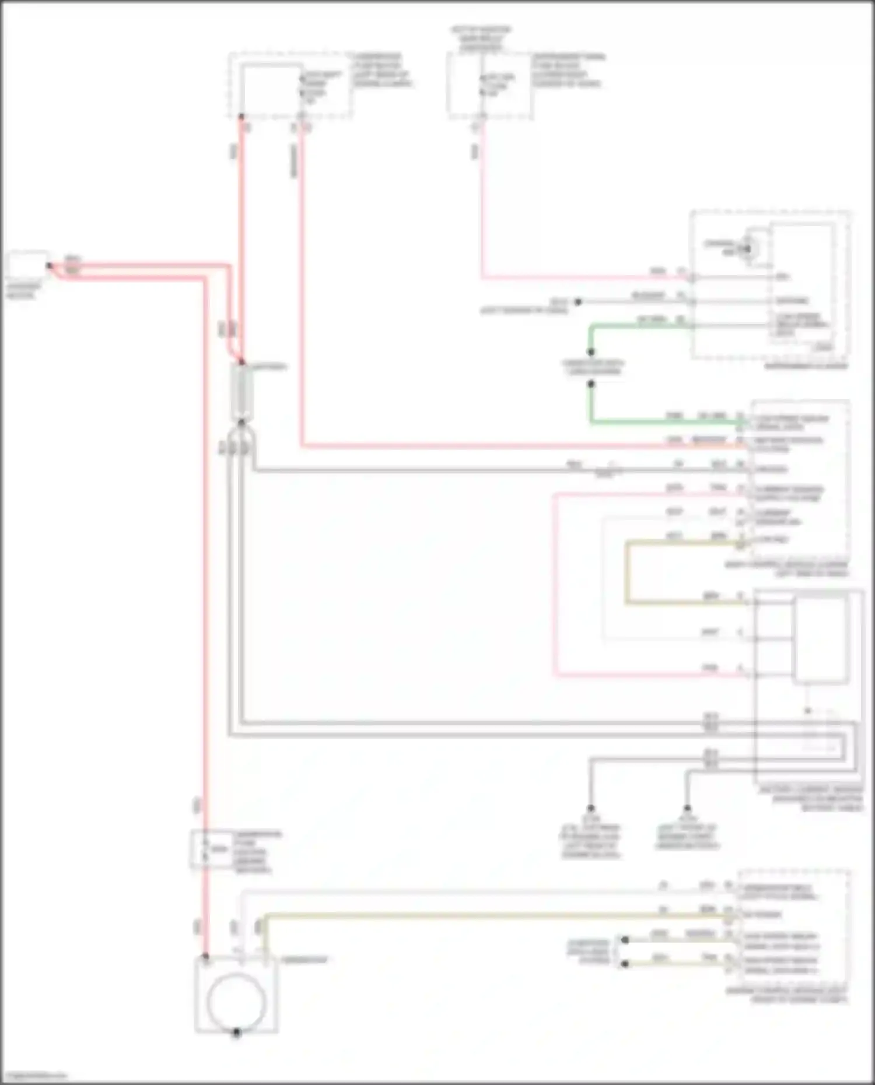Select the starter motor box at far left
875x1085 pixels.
(x=27, y=266)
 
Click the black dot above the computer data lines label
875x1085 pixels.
(x=591, y=352)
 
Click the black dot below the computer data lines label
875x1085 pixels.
(x=591, y=384)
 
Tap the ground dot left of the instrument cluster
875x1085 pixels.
(x=578, y=302)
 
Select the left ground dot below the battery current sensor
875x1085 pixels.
(x=590, y=809)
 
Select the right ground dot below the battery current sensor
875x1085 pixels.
(x=687, y=809)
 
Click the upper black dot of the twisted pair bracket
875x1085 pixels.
(x=625, y=940)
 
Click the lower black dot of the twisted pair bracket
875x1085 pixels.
(x=625, y=964)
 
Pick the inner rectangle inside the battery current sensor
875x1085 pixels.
(x=820, y=638)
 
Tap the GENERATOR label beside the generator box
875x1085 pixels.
(x=304, y=960)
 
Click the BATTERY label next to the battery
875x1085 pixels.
(x=269, y=367)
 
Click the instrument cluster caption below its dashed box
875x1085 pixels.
(x=806, y=366)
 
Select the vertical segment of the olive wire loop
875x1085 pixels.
(x=627, y=573)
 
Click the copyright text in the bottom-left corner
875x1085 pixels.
(x=35, y=1076)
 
